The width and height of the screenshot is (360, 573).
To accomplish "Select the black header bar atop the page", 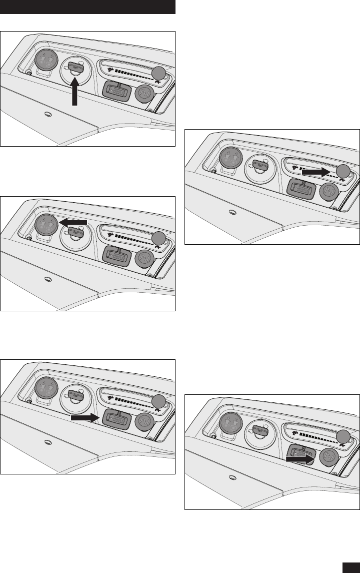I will click(87, 7).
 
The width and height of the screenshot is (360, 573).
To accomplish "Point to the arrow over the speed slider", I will click(315, 171).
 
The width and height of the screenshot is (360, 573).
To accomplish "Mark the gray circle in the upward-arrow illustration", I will click(158, 74).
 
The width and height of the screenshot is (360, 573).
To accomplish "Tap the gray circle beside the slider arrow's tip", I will click(343, 171).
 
